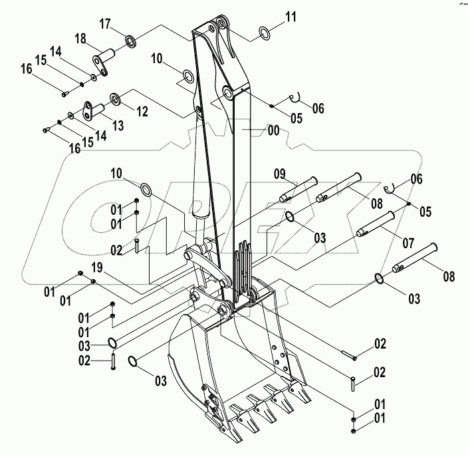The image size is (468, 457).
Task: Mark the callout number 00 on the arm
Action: coord(273,132)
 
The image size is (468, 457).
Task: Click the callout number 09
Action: coord(281,175)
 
